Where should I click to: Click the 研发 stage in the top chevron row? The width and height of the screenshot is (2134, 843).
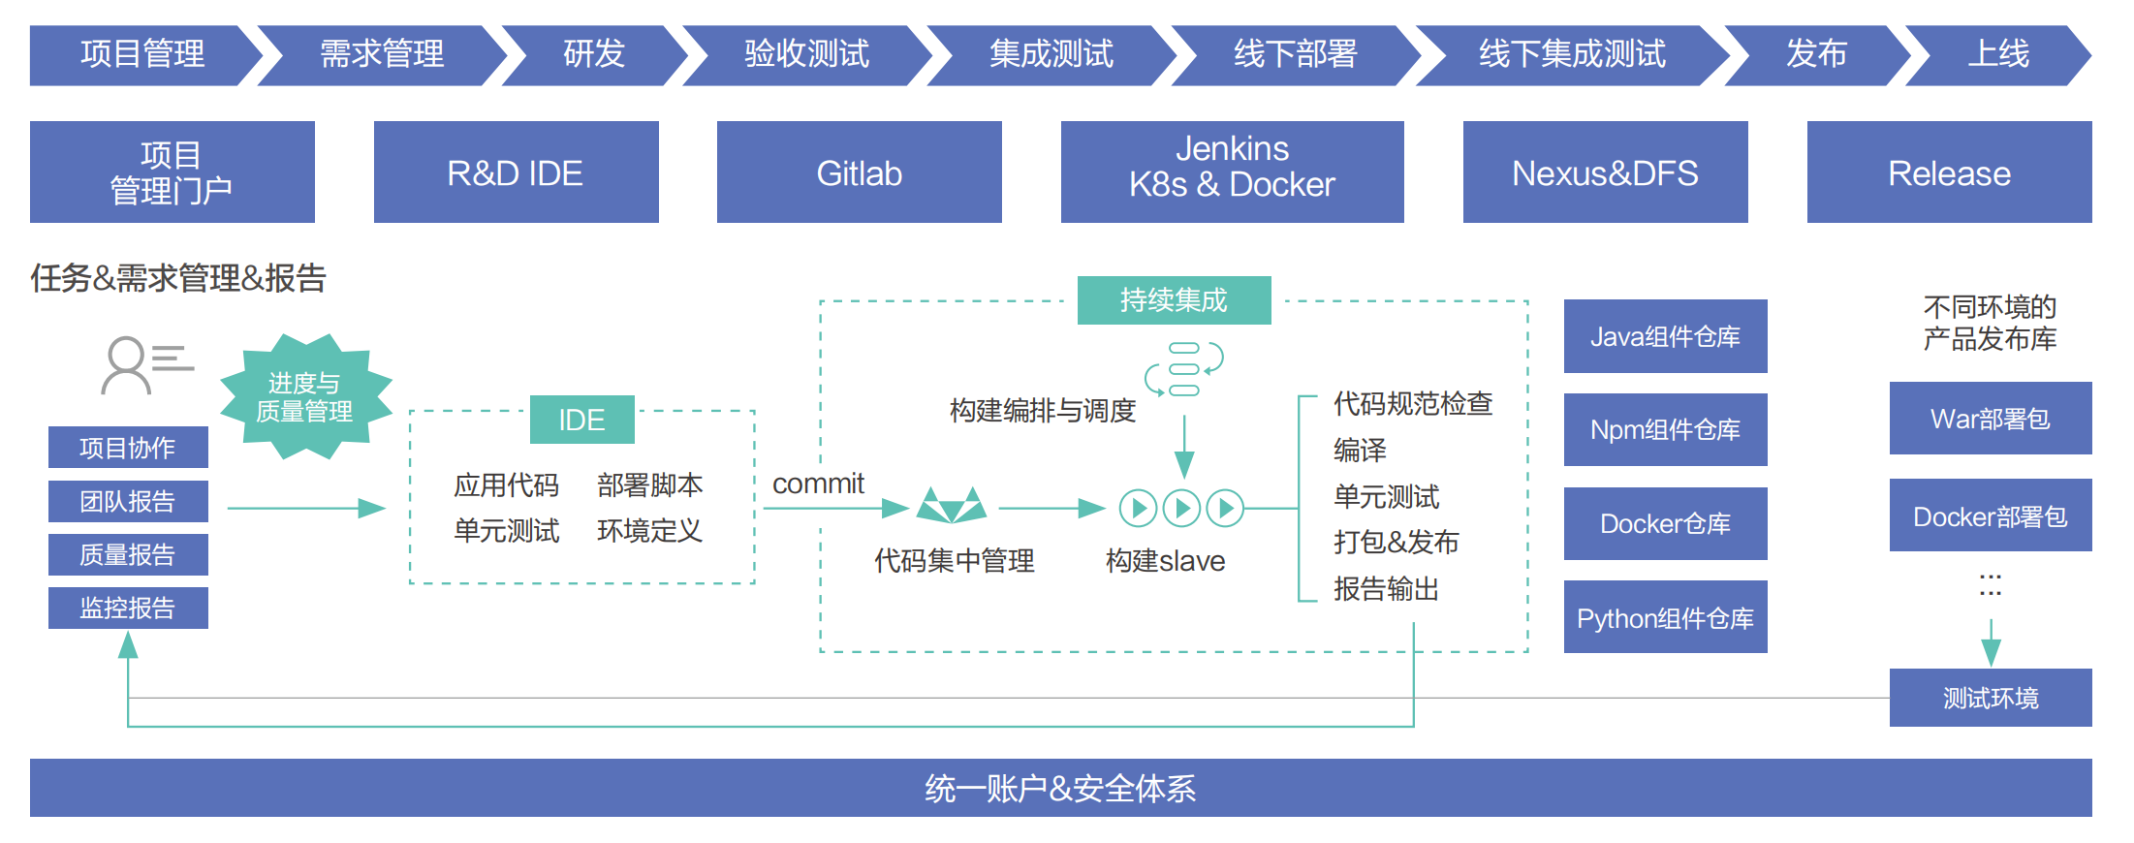pos(594,54)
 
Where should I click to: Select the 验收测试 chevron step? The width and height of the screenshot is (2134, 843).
pos(806,54)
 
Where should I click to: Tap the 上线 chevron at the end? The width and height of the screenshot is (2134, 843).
pos(1997,54)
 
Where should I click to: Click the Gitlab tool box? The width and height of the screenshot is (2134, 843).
pos(859,172)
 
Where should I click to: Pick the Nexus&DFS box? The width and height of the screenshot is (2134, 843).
pos(1605,172)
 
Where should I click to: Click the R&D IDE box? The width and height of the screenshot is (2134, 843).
pos(516,172)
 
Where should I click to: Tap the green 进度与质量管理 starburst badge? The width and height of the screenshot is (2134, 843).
pos(304,397)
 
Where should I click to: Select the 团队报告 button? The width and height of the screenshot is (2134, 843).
pos(128,501)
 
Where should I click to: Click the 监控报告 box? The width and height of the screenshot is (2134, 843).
pos(128,608)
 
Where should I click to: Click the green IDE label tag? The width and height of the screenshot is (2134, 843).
pos(581,420)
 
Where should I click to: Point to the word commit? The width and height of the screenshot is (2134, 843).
pos(818,484)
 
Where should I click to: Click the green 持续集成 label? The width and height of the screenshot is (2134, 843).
pos(1174,300)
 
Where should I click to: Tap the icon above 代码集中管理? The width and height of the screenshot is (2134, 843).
pos(952,506)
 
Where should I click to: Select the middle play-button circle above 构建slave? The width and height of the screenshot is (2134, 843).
pos(1181,508)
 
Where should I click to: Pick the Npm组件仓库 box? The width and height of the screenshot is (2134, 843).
pos(1665,429)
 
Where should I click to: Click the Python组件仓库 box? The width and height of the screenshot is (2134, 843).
pos(1665,617)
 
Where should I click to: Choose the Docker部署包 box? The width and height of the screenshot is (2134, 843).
pos(1990,515)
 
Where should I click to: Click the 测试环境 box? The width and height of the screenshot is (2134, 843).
pos(1990,698)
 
